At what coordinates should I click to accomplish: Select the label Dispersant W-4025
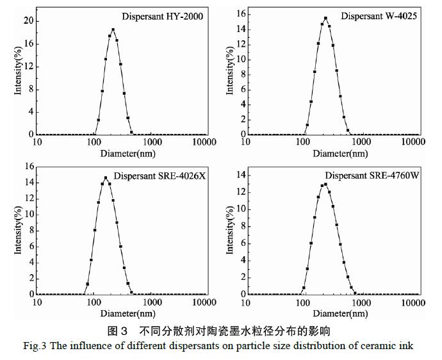(x=379, y=16)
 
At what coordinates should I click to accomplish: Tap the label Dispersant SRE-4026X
(x=160, y=176)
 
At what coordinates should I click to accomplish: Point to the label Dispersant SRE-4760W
(x=372, y=176)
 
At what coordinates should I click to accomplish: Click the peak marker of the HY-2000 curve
(x=113, y=29)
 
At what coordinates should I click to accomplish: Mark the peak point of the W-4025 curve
(x=325, y=18)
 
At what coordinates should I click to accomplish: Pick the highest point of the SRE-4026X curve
(x=106, y=178)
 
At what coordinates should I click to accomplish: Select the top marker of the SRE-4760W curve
(x=325, y=184)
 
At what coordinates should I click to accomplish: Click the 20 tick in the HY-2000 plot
(x=28, y=20)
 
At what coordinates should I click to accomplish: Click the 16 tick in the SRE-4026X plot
(x=28, y=166)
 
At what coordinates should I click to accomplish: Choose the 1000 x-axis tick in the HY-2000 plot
(x=152, y=142)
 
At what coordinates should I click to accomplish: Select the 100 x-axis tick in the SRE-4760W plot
(x=303, y=302)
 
